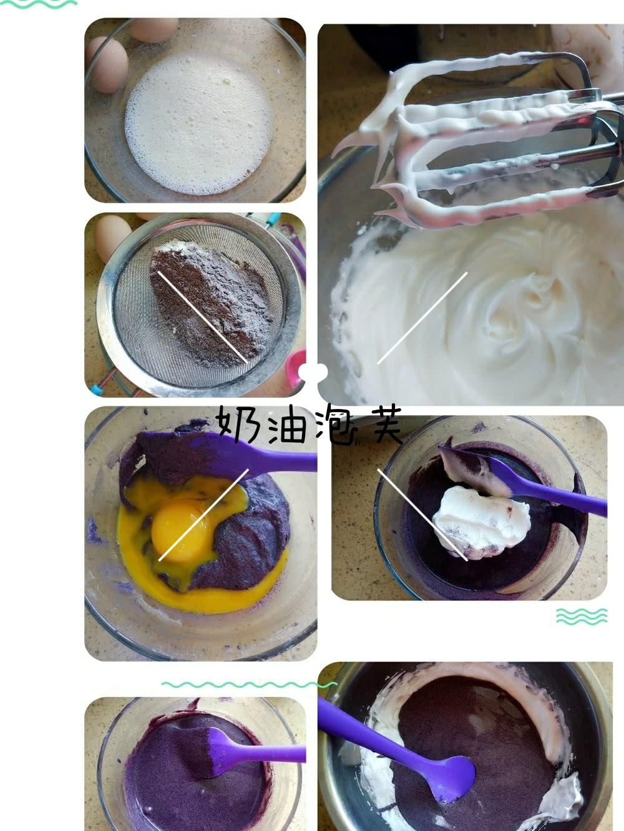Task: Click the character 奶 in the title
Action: click(238, 426)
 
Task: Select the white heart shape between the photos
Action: click(313, 372)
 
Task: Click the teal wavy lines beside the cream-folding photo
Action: click(582, 617)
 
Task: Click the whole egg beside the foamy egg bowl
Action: click(107, 63)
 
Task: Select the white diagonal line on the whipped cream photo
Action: click(422, 318)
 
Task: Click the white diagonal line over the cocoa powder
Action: click(203, 317)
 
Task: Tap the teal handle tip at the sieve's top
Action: click(273, 219)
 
